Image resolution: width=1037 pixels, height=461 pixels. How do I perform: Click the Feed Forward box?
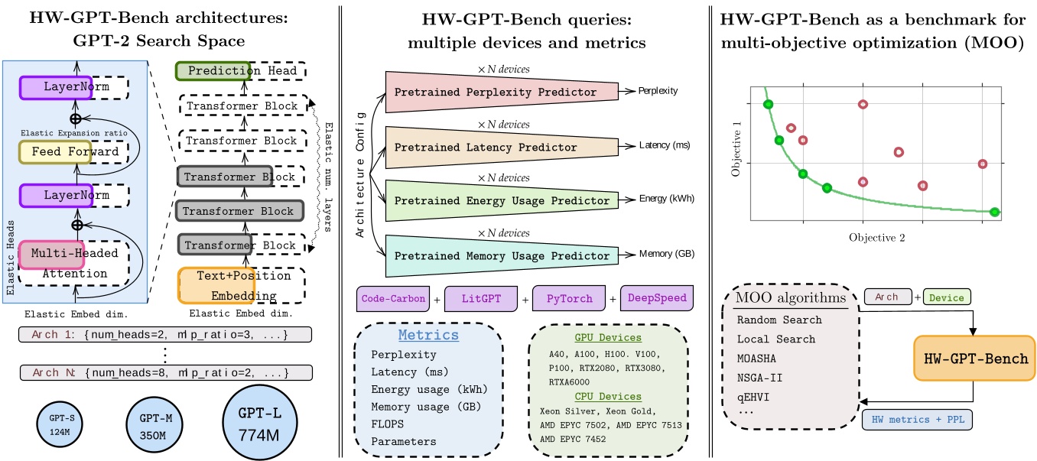pyautogui.click(x=59, y=152)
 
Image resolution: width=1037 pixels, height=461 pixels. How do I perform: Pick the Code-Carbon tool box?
pyautogui.click(x=393, y=297)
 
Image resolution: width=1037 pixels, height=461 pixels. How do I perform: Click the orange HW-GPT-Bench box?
pyautogui.click(x=973, y=359)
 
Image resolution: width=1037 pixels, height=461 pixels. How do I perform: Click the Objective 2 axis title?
pyautogui.click(x=877, y=238)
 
